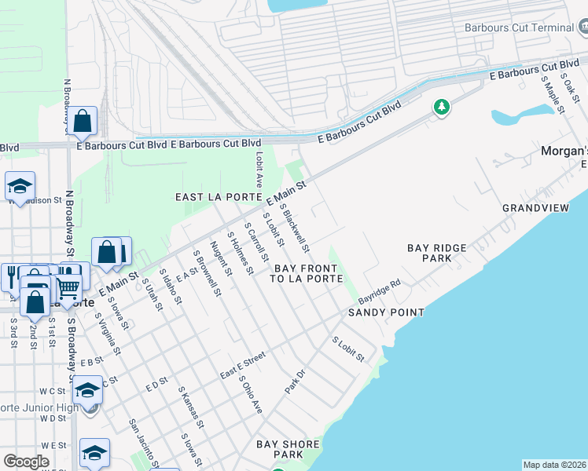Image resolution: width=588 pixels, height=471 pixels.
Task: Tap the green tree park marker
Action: coord(442,107)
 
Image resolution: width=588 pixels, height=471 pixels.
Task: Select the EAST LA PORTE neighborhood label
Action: coord(212,197)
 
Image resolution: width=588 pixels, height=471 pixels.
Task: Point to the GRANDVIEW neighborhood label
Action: coord(535,208)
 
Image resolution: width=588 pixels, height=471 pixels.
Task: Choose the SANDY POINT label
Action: coord(387,312)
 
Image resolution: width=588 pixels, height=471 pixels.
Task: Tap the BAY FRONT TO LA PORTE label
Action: coord(307,272)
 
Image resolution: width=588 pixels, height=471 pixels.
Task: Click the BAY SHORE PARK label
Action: coord(288,449)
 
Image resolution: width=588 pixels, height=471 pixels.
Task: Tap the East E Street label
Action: coord(243,366)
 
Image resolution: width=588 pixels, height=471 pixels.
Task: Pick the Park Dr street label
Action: coord(294,382)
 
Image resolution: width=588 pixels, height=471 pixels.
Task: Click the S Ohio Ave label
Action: coord(252,398)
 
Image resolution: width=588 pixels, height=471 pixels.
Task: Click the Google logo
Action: coord(27,462)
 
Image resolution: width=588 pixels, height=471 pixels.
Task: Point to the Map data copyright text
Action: coord(554,465)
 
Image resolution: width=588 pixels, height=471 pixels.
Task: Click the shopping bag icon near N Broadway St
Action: coord(82,121)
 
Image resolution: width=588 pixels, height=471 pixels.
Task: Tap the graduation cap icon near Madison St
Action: coord(20,186)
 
